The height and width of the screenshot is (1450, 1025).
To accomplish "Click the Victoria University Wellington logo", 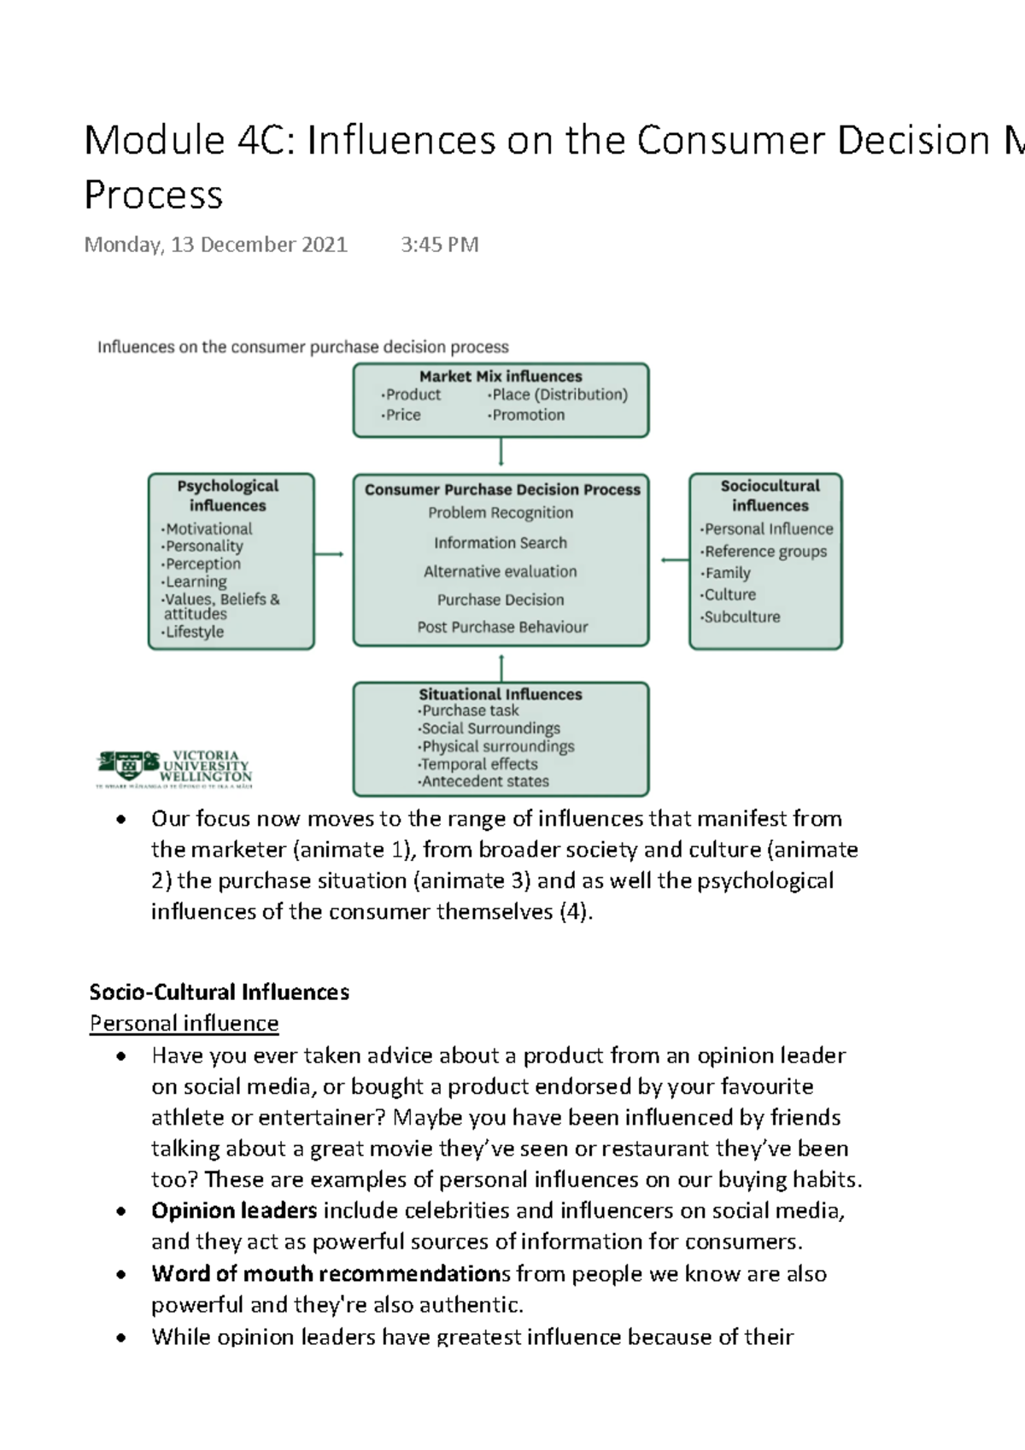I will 175,768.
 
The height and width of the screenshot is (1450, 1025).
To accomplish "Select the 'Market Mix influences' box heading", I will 501,376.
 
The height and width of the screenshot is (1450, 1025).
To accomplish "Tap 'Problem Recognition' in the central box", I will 501,512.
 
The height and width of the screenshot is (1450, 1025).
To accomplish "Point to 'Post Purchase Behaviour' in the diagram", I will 502,627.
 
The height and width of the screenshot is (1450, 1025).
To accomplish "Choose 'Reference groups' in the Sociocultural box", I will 765,552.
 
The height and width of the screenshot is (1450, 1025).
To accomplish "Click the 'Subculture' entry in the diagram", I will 741,617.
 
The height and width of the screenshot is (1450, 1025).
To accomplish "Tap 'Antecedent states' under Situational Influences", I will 484,781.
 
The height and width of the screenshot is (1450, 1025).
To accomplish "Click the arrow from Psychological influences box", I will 329,554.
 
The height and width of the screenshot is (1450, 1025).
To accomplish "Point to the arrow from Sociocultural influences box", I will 674,560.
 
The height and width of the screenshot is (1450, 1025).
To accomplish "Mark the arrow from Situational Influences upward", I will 501,667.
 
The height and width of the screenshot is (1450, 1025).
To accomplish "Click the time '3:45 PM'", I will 439,245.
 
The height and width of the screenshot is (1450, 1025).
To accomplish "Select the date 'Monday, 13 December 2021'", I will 216,245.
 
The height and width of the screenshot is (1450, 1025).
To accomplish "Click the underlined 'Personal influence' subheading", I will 184,1023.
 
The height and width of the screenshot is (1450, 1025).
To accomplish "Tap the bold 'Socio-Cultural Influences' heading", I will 220,991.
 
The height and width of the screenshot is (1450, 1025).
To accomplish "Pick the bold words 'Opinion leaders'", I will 234,1211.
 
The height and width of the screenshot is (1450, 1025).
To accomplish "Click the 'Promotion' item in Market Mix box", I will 528,415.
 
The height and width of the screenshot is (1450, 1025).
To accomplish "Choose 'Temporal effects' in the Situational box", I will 479,764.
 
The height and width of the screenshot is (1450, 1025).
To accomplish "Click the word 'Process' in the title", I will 154,195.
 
